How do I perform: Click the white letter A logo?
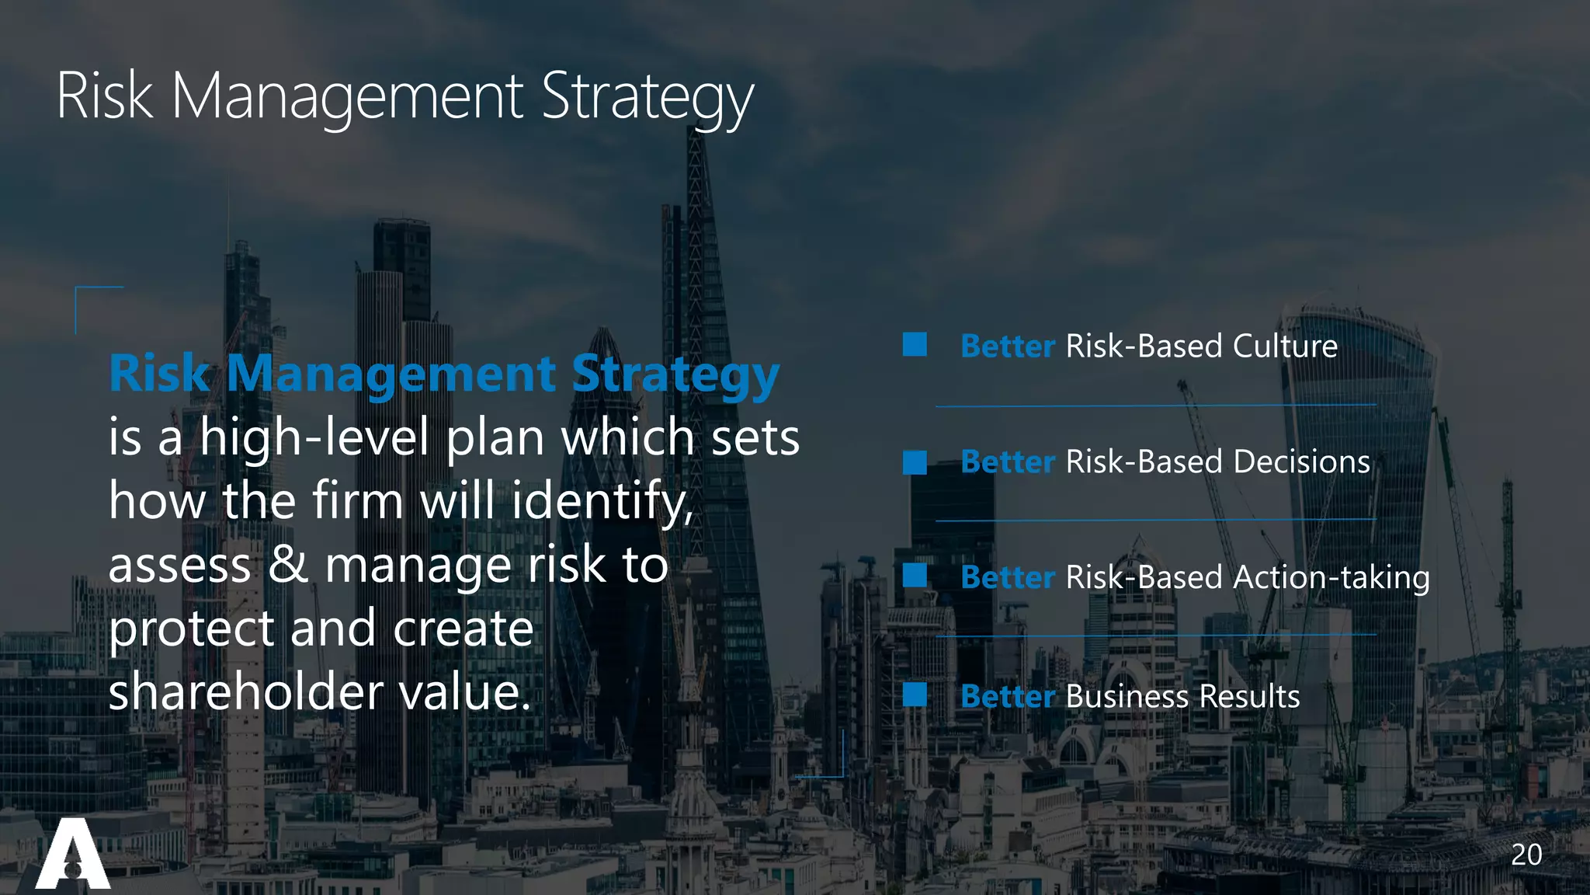73,854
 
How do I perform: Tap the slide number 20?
1526,855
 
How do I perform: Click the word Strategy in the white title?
647,98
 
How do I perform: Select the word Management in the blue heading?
391,374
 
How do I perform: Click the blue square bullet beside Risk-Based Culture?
915,344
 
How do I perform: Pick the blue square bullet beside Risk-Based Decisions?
915,462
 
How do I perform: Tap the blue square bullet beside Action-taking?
915,576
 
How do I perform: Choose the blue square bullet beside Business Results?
915,695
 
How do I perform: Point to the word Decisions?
1301,462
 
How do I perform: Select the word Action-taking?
1331,578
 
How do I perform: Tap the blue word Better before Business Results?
1007,696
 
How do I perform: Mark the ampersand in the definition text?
287,565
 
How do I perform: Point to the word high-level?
314,437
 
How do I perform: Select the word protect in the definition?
191,629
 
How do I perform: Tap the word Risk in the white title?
104,96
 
